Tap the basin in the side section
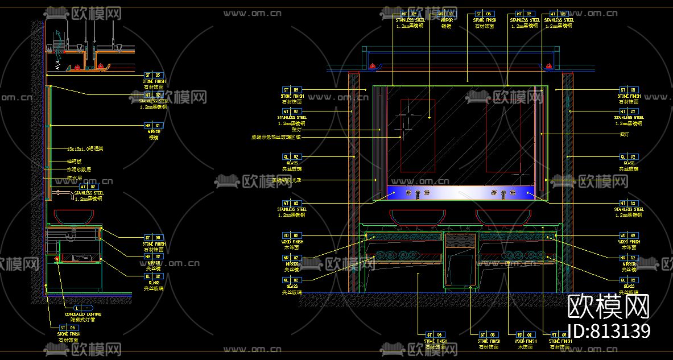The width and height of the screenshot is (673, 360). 75,216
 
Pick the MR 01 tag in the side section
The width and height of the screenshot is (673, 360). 154,125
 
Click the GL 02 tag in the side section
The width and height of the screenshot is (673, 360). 154,276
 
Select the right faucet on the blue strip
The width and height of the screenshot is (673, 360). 503,194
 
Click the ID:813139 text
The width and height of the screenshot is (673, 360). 609,331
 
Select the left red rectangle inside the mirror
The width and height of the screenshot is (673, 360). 418,135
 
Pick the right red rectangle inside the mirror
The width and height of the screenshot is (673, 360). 503,135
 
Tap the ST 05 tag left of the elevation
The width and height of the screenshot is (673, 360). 292,90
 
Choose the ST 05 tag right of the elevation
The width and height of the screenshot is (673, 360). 628,90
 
